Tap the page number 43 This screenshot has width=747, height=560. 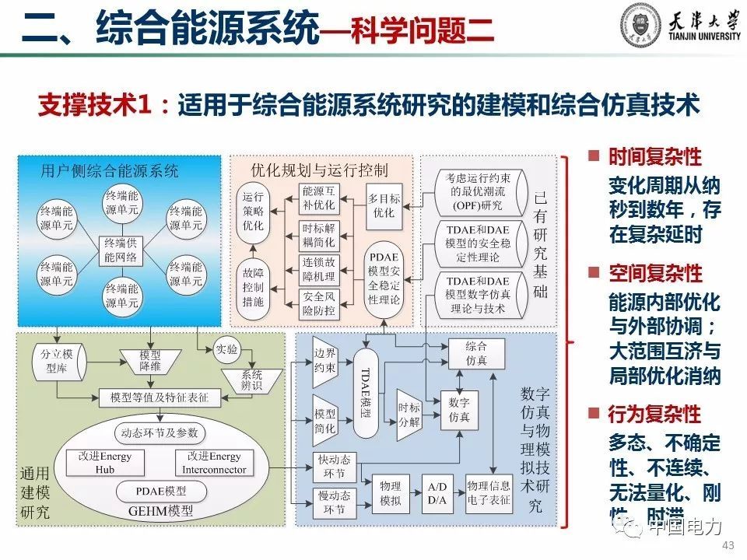pos(728,544)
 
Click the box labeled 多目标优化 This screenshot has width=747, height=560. pos(384,205)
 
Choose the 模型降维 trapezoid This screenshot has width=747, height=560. pos(149,359)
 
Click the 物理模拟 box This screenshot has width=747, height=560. pos(390,492)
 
